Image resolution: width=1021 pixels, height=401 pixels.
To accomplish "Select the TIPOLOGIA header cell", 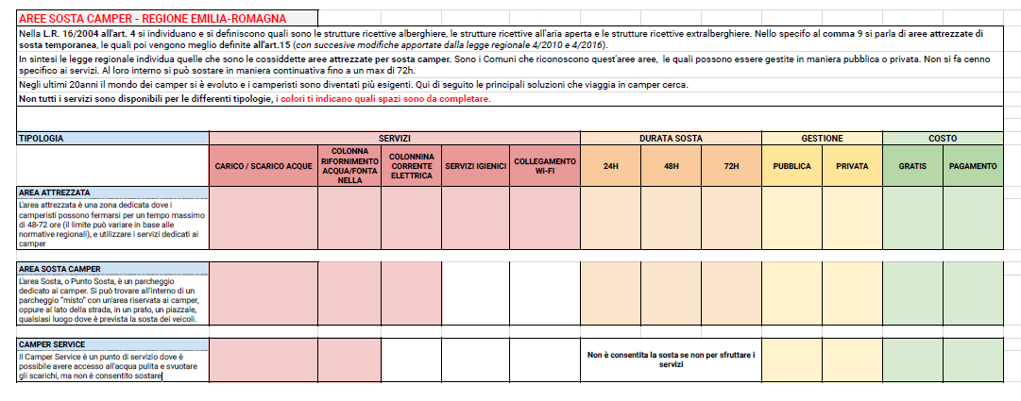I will tap(41, 138).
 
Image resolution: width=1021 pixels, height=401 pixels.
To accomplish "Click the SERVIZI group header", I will tap(394, 138).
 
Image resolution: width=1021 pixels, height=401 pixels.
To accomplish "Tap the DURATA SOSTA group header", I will tap(670, 138).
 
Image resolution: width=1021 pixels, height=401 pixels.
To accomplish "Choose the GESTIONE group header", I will tap(822, 138).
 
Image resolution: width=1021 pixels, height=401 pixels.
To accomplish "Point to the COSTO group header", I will tap(942, 138).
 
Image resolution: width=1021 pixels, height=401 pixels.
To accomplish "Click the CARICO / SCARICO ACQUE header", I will tap(263, 166).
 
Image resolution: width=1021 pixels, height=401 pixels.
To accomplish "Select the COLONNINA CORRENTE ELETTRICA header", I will tap(411, 166).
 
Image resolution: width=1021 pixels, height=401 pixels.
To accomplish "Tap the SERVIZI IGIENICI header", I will tap(475, 166).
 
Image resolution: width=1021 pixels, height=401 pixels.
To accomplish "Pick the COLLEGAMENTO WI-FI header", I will tap(545, 166).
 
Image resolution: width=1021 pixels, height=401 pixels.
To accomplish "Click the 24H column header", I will tap(610, 166).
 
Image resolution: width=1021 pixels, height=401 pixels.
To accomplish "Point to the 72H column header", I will tap(730, 166).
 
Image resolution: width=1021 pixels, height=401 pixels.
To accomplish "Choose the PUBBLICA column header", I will tap(791, 166).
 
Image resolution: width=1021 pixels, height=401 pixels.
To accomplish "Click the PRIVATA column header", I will tap(852, 166).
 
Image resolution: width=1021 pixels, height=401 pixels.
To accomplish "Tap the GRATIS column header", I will tap(911, 166).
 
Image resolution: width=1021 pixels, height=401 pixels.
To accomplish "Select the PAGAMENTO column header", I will tap(972, 166).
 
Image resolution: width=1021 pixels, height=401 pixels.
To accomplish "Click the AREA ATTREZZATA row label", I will tap(54, 192).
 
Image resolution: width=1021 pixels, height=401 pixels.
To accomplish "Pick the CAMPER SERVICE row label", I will tap(52, 344).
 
